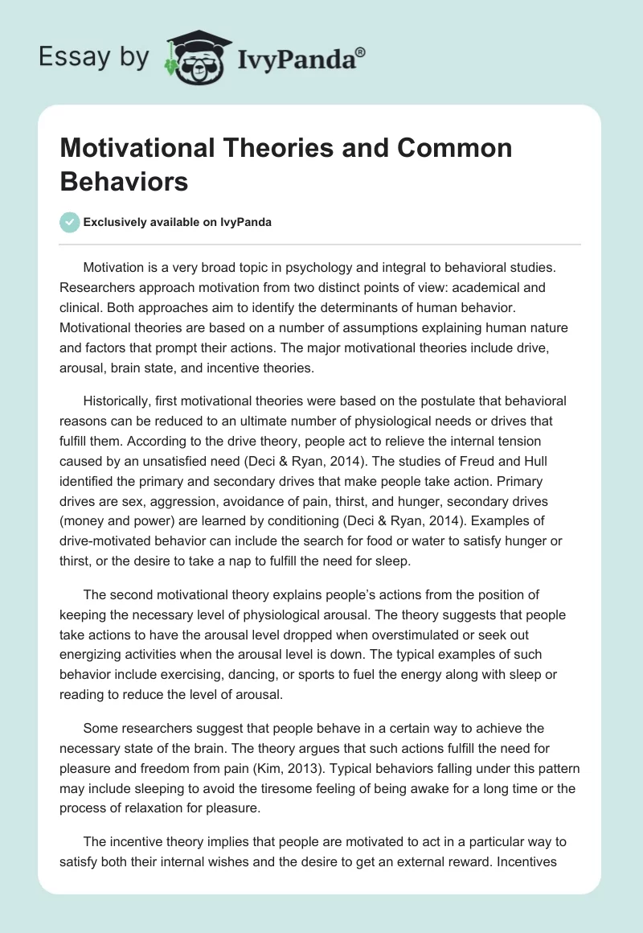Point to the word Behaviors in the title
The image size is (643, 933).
(x=124, y=181)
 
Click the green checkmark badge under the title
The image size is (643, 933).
(x=70, y=222)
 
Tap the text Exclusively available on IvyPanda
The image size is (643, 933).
(x=178, y=222)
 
